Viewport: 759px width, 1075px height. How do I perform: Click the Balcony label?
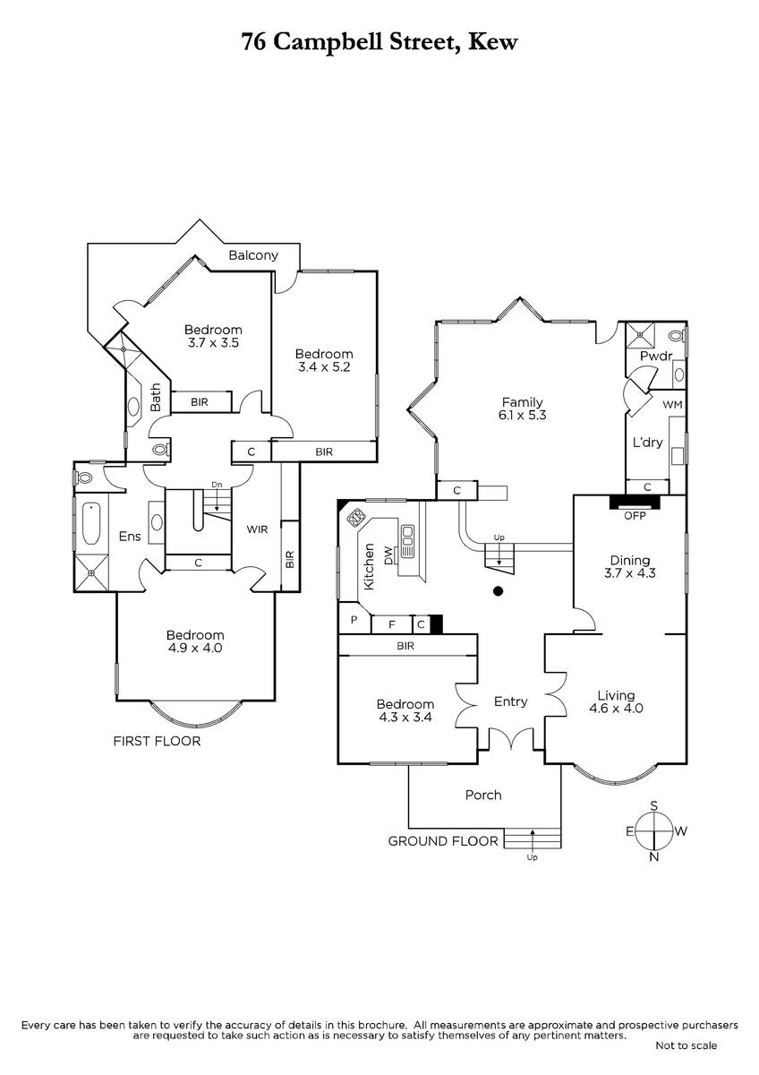[x=253, y=255]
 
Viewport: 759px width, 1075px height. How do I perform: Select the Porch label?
[x=483, y=795]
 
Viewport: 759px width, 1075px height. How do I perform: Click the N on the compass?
[x=653, y=856]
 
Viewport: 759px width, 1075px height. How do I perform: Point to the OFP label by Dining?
[x=635, y=516]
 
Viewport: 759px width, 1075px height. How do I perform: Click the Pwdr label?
[x=656, y=357]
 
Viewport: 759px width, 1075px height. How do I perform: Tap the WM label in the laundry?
[x=672, y=405]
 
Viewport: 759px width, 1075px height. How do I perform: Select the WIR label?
[x=257, y=529]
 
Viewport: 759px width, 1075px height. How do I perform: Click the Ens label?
[x=130, y=537]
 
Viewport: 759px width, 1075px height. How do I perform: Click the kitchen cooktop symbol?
[x=356, y=519]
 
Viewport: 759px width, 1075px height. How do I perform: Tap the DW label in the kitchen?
[x=388, y=555]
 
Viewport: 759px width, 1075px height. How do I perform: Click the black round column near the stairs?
[x=499, y=590]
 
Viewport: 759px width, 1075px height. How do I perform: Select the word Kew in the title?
[x=493, y=42]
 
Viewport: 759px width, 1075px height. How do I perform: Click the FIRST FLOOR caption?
[x=157, y=741]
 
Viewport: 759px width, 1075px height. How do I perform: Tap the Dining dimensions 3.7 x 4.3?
[x=629, y=573]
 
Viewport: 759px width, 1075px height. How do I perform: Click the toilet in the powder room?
[x=677, y=335]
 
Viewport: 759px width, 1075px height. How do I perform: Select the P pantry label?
[x=354, y=620]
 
